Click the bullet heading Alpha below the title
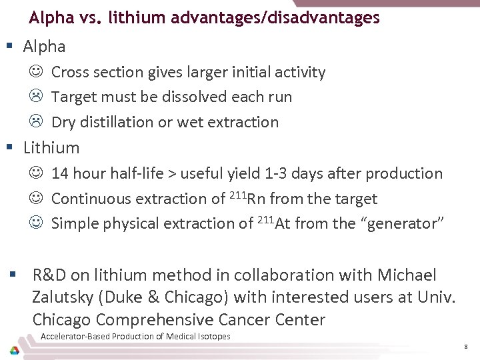pos(44,47)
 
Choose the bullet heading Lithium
pos(51,148)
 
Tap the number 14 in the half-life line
pos(60,174)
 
